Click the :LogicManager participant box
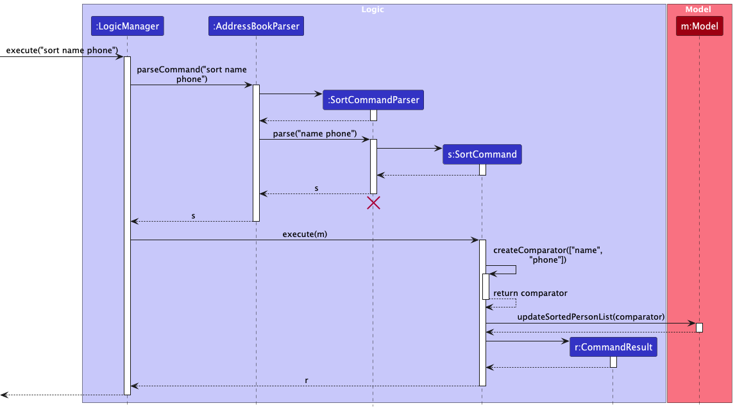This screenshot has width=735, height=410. coord(127,26)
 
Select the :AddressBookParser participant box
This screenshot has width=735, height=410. coord(256,26)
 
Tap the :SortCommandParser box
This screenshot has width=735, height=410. coord(373,100)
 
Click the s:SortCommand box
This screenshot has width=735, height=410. coord(482,154)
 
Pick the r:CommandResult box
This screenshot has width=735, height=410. coord(612,347)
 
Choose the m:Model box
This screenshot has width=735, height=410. coord(699,26)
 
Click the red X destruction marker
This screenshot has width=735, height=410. coord(373,203)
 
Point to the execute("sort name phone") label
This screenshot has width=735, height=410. coord(62,50)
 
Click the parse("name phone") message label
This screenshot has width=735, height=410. coord(315,133)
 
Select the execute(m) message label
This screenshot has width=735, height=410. coord(305,234)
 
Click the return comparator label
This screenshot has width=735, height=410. coord(530,293)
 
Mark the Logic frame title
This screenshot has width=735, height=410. coord(373,10)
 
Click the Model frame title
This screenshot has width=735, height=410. coord(698,10)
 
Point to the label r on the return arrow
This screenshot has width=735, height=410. coord(306,380)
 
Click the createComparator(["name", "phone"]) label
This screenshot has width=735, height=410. coord(548,255)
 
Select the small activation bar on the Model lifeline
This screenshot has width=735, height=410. coord(699,327)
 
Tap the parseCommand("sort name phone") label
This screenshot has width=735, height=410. coord(191,74)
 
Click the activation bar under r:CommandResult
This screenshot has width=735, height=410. coord(613,362)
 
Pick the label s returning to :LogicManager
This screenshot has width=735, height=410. coord(194,215)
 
